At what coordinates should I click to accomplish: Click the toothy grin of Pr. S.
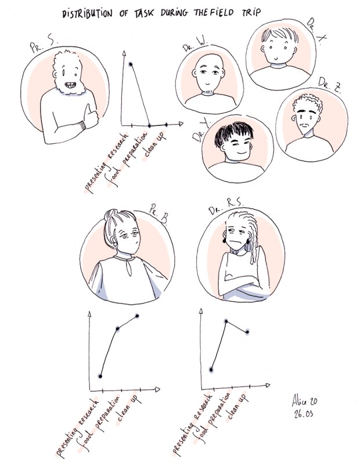pos(70,87)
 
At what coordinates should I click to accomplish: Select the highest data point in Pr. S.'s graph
pos(131,64)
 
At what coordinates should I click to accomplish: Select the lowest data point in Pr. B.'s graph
pos(100,376)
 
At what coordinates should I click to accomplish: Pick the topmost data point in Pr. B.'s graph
pos(138,316)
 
